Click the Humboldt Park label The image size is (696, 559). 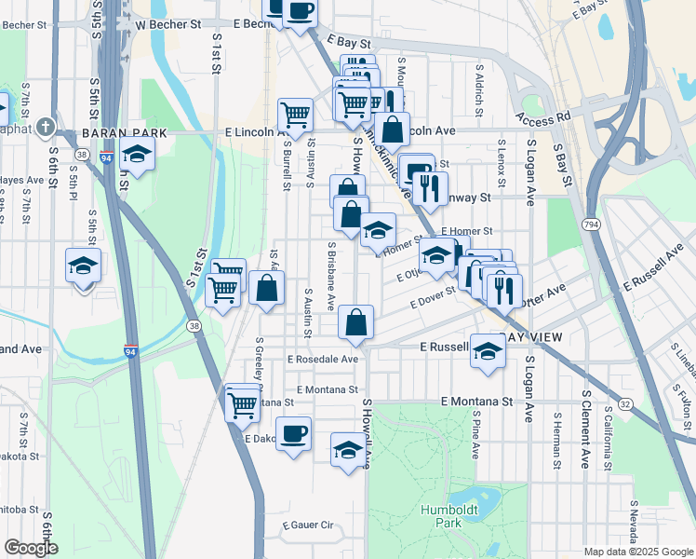pos(442,516)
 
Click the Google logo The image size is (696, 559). pos(31,548)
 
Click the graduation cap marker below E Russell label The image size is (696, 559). pos(487,352)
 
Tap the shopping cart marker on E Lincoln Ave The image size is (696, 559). pos(295,116)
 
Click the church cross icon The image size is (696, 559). pos(46,129)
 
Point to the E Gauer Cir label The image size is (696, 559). pos(308,525)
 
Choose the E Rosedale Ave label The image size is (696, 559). pos(323,359)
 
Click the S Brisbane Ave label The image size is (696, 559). pos(330,277)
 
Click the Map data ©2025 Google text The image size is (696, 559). pos(637,552)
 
